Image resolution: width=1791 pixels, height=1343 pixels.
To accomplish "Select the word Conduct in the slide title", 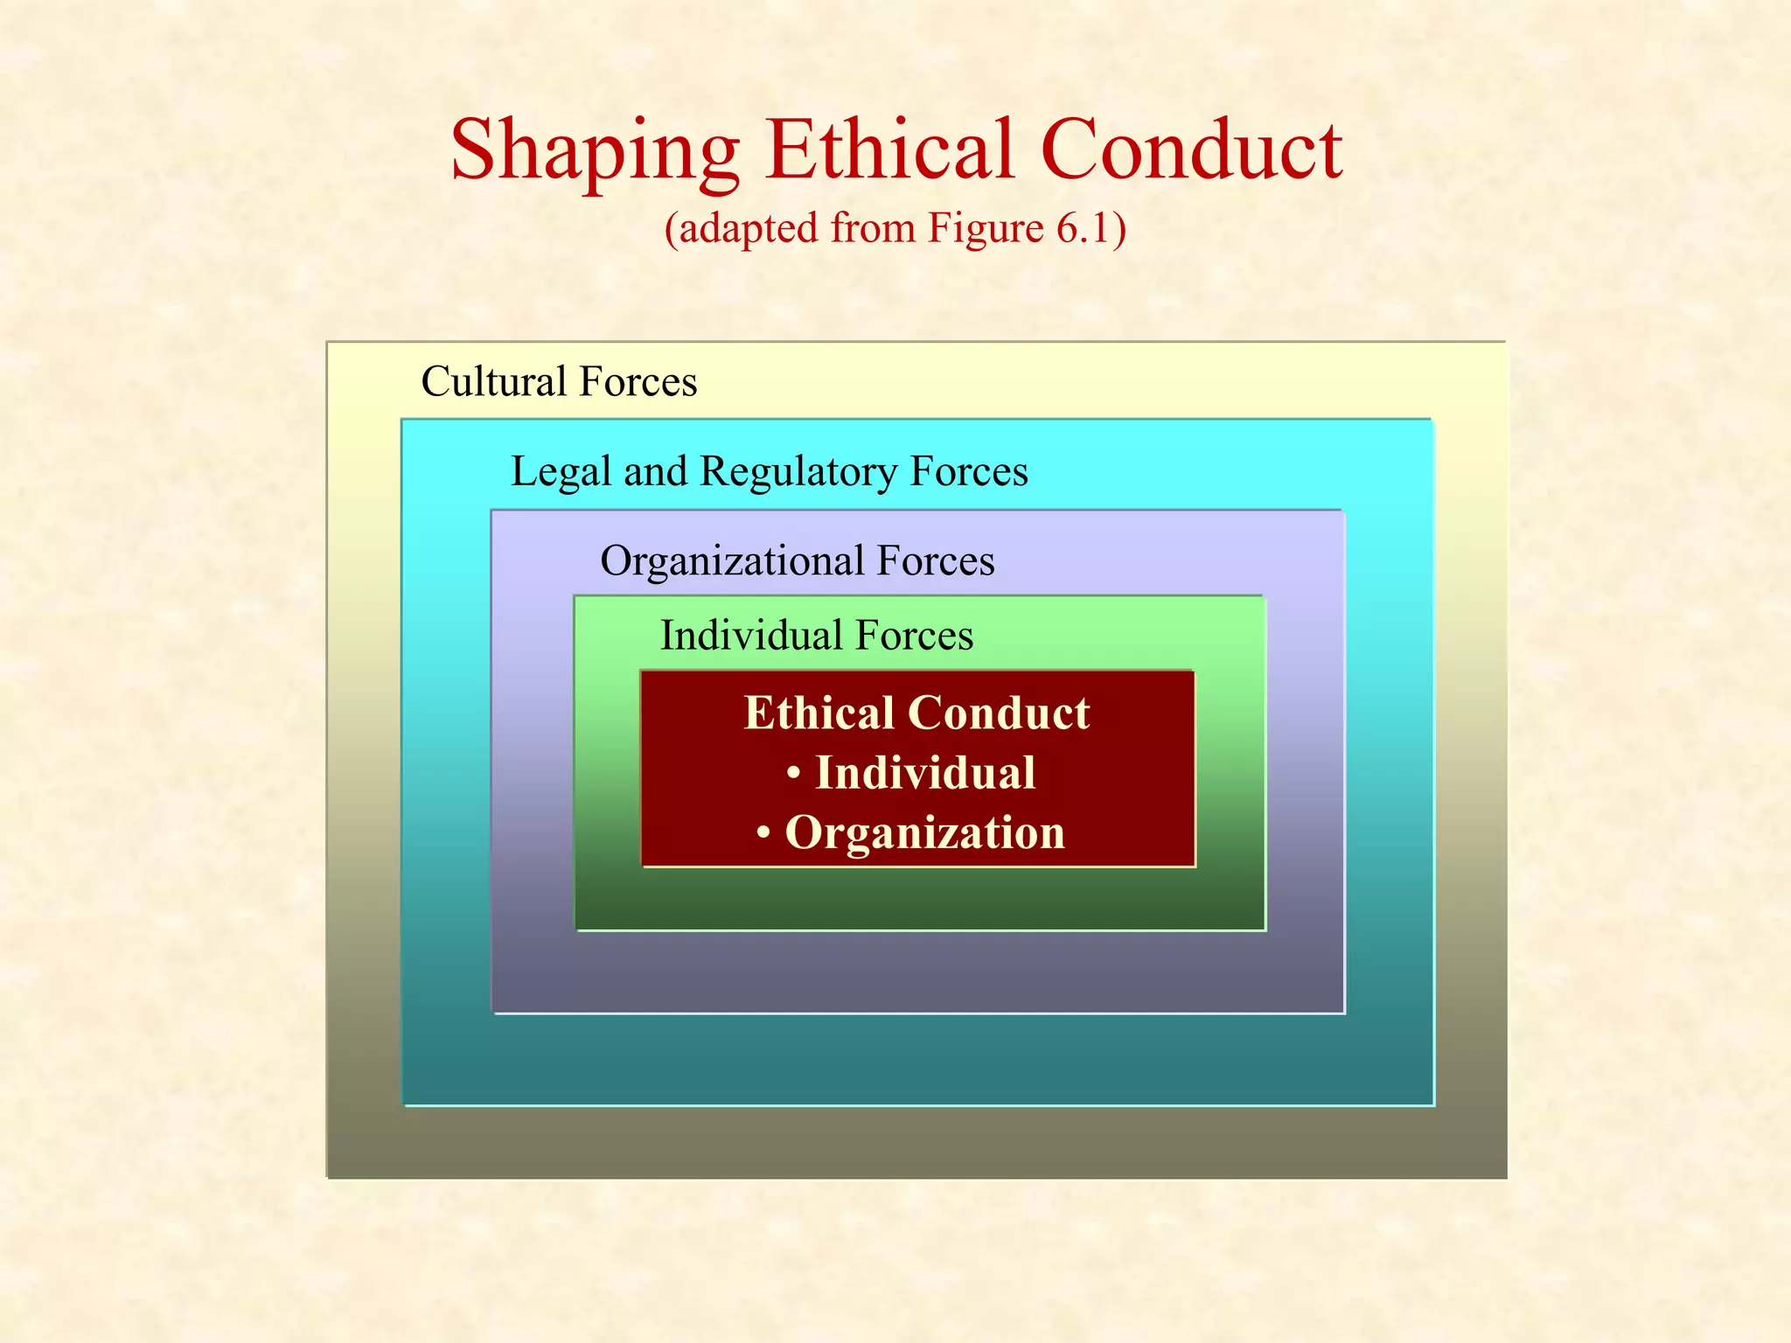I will click(1191, 150).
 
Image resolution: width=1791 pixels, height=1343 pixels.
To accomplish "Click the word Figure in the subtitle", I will click(986, 229).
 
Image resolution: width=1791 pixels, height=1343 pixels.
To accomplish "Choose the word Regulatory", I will click(798, 473).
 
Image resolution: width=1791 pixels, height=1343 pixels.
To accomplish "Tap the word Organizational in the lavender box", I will click(732, 560).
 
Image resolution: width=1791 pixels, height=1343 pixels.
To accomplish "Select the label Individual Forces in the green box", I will click(816, 635).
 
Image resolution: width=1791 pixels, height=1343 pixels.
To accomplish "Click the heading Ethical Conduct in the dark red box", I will click(916, 713).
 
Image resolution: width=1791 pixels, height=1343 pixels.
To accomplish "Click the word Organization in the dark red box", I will click(925, 832).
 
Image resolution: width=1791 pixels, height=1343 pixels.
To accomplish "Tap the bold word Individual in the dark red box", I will click(925, 773).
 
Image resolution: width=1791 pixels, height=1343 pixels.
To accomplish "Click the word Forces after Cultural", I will click(638, 381).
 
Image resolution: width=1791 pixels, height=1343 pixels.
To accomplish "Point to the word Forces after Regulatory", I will click(969, 471).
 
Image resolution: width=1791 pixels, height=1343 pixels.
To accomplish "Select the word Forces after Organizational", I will click(935, 560).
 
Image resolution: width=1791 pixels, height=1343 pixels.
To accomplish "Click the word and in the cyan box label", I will click(655, 471).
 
